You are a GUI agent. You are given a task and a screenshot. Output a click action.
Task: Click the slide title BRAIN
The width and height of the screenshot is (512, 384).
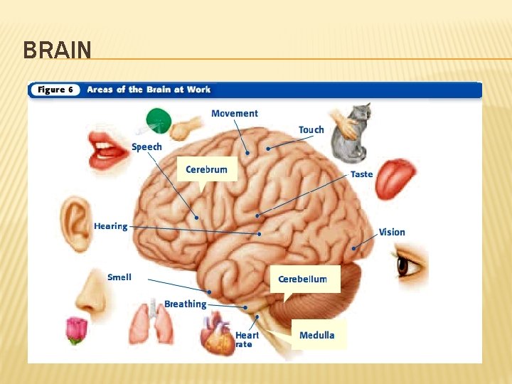coord(57,50)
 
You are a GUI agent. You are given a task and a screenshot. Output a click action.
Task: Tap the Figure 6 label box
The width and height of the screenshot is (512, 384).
coord(55,90)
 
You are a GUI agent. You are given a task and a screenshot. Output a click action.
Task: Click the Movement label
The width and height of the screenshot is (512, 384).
coord(235,114)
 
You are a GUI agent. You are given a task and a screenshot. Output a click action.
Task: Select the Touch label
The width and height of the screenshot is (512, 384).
coord(311,129)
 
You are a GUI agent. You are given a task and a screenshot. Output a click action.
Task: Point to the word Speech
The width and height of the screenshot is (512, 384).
coord(146,146)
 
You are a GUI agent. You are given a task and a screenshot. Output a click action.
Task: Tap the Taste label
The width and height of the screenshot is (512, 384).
coord(361,174)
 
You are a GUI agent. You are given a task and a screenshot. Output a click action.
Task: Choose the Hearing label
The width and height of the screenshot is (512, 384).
coord(110,226)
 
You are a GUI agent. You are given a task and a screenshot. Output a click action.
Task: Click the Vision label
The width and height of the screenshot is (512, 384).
coord(392,232)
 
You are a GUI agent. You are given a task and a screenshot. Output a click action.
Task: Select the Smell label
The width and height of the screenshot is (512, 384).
coord(119,277)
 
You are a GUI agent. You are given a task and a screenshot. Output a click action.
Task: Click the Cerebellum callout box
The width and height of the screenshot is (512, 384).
coord(302,279)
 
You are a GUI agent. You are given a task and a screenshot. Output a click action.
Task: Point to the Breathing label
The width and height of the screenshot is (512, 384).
coord(185,304)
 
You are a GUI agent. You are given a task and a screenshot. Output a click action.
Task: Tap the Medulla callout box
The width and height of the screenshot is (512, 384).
coord(316,335)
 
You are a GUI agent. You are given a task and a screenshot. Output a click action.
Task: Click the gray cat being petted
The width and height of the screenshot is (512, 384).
coord(349,133)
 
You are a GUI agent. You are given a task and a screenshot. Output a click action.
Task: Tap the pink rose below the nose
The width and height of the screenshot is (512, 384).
coord(76,330)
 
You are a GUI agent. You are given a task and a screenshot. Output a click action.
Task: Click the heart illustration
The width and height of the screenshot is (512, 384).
coord(218,335)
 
